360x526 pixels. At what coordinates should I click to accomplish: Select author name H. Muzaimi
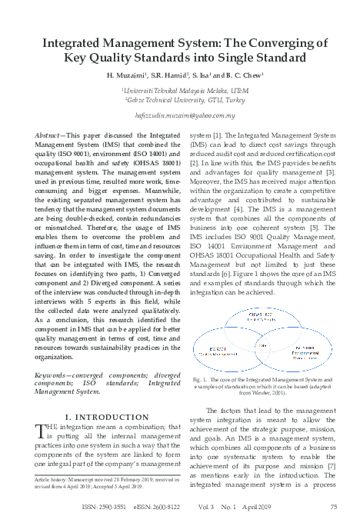(132, 78)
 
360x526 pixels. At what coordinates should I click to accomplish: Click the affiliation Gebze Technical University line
(180, 100)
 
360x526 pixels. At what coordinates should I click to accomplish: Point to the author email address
(179, 115)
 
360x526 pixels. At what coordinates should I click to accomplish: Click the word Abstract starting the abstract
(49, 135)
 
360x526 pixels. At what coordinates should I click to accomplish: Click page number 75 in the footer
(334, 508)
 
